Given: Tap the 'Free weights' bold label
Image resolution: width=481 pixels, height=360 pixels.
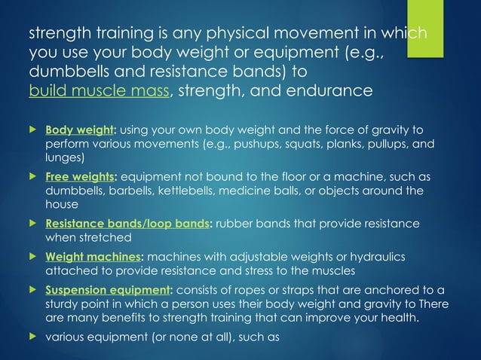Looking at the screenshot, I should [78, 177].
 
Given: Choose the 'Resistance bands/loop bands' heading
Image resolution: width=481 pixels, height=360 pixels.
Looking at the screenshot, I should [126, 224].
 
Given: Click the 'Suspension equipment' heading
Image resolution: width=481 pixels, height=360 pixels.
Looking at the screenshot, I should [108, 289].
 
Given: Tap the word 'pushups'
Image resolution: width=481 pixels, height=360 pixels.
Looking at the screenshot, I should [335, 142].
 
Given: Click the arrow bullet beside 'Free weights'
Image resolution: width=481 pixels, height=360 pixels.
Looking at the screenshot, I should [32, 177].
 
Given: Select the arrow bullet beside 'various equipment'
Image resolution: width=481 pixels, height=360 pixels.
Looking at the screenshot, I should [32, 337].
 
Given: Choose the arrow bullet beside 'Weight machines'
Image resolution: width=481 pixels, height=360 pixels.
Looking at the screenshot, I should [32, 257].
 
